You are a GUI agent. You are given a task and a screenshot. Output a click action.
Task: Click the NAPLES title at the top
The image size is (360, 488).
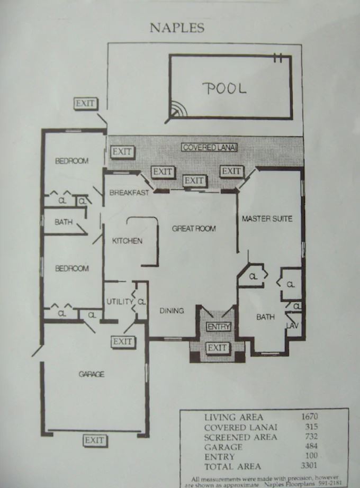coord(177,28)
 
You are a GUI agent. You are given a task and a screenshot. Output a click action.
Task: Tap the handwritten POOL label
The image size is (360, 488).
coord(224,88)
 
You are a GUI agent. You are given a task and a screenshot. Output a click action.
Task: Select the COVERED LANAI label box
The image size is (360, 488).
coord(209,147)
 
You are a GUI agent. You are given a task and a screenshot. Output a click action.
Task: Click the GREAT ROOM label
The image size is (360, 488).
coord(194,229)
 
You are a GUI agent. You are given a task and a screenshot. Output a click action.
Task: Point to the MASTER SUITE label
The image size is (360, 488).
coord(267,219)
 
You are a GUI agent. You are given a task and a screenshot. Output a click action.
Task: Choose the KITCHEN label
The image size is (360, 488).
coord(127,241)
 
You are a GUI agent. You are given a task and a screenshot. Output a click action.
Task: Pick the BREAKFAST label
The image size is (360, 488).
coord(129,193)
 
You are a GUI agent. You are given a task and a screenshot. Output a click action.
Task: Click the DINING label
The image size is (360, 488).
coord(172,311)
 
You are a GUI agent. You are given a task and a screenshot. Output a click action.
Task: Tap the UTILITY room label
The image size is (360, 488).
coord(120,302)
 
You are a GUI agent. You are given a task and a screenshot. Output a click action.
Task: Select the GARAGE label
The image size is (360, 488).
coord(91,374)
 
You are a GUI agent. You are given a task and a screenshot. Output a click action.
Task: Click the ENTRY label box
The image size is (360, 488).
coord(219,327)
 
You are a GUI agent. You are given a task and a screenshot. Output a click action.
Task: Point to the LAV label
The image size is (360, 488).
coord(292,326)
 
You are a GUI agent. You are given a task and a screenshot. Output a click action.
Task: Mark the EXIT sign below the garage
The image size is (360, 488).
coord(95,441)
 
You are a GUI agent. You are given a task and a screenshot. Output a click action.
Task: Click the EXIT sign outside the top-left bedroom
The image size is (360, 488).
coord(86,103)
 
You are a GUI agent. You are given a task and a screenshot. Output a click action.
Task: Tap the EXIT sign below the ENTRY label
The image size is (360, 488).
coord(218,348)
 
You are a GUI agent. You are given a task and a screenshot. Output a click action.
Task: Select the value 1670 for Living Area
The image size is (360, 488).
coord(309,417)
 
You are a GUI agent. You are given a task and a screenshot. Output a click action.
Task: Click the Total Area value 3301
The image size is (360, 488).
coord(309,465)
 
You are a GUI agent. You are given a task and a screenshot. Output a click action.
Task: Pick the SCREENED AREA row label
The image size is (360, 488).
coord(240,437)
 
